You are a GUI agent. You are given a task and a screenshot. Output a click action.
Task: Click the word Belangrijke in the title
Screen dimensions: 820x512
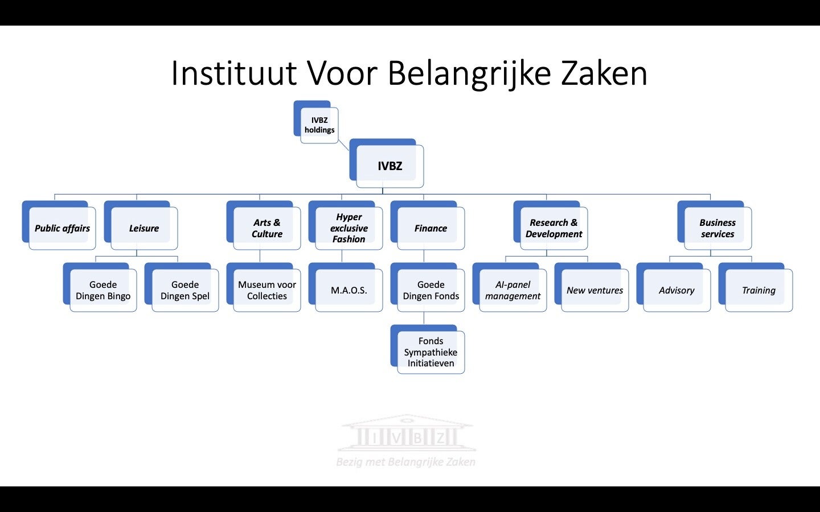[469, 75]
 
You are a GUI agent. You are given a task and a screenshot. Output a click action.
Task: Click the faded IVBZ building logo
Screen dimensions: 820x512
[407, 433]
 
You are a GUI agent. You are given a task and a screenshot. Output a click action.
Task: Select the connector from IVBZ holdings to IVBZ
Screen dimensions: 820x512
[343, 145]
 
